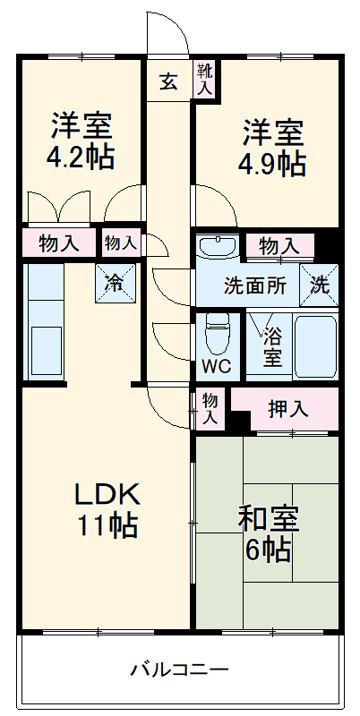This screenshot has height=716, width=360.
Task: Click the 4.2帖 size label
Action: coord(81,158)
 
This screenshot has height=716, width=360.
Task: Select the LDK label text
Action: coord(106,493)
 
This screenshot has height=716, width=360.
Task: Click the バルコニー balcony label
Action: coord(179,669)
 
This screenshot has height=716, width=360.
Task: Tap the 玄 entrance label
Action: coord(168,83)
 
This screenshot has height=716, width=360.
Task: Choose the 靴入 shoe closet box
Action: coord(205,81)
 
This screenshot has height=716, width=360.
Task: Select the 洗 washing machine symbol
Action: coord(320,286)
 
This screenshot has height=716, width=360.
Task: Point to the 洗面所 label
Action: coord(254,287)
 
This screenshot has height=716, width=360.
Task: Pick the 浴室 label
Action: coord(272,348)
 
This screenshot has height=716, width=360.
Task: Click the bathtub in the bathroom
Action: coord(314,345)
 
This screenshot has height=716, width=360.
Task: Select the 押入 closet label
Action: coord(287,409)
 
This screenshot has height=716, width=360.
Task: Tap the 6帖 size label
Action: coord(269,549)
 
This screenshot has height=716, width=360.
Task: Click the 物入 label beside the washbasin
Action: coord(280,244)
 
